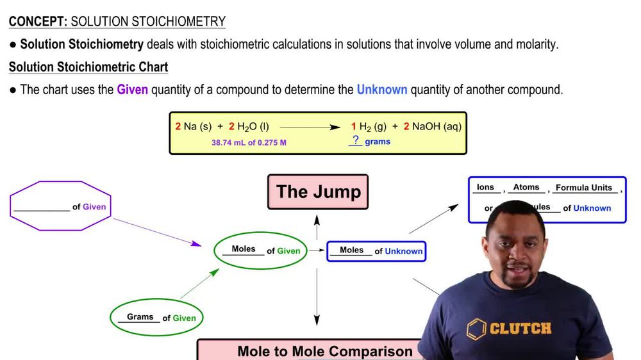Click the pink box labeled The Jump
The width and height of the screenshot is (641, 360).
(318, 192)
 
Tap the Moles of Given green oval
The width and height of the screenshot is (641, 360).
(261, 250)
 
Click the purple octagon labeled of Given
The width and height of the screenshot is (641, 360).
(61, 206)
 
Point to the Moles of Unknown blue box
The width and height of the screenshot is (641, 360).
(376, 251)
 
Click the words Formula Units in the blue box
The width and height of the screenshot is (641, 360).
(584, 188)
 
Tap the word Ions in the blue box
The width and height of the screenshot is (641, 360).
(485, 187)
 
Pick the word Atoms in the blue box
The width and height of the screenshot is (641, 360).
(526, 187)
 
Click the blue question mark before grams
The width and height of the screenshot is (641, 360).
(355, 140)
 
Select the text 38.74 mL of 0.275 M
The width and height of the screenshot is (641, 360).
(249, 142)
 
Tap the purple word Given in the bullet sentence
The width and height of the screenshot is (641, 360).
(132, 90)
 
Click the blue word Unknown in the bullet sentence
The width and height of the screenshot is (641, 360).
(382, 90)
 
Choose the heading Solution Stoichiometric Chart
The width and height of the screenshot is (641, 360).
(88, 67)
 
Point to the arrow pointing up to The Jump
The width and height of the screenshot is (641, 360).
(317, 222)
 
